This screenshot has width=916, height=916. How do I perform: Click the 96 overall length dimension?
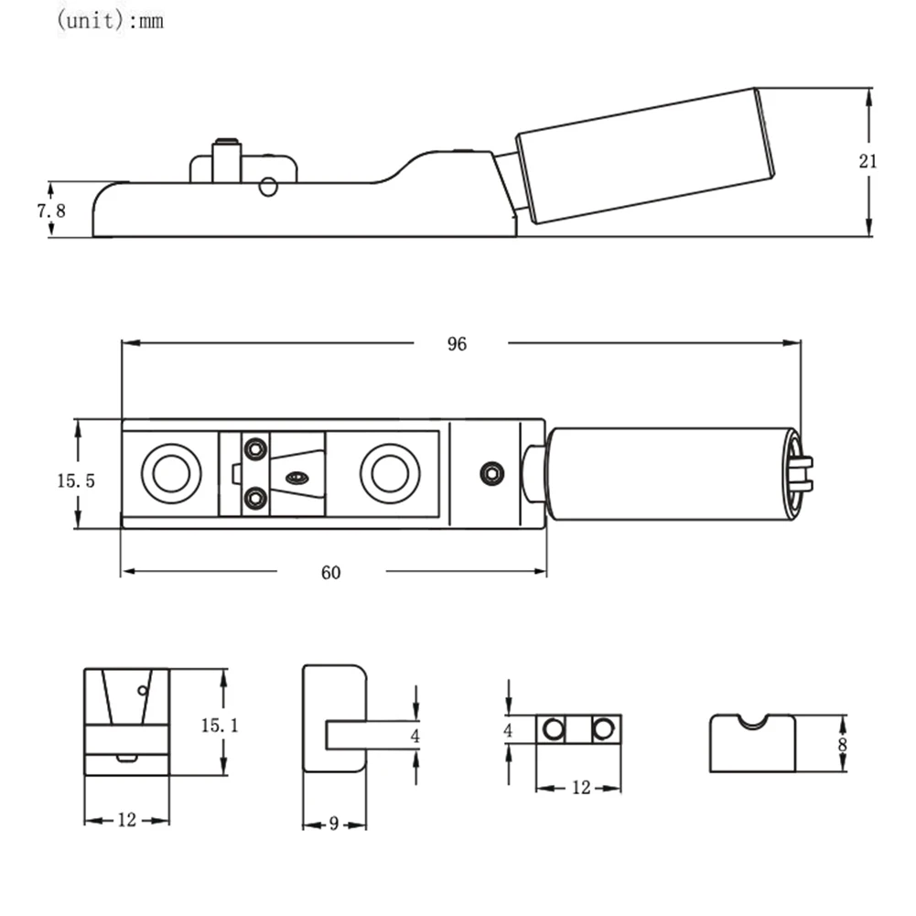[x=457, y=344]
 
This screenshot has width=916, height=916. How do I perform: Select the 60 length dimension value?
[x=330, y=573]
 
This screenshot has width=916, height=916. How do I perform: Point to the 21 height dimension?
[x=868, y=162]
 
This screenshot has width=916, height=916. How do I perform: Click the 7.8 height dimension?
[x=51, y=210]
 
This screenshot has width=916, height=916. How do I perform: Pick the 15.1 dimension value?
[x=220, y=726]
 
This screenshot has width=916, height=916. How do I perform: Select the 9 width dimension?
[x=334, y=824]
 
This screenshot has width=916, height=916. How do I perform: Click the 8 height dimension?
[x=842, y=743]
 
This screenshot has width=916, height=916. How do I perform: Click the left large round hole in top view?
[x=171, y=473]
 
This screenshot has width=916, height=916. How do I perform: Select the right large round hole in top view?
[x=390, y=473]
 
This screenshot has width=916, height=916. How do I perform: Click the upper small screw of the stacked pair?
[x=256, y=449]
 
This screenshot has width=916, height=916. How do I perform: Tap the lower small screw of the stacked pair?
[x=256, y=499]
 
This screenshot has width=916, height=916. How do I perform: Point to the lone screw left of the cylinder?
[x=492, y=473]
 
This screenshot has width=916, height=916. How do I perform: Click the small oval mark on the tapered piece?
[x=296, y=477]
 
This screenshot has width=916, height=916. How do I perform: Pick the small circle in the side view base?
[x=267, y=187]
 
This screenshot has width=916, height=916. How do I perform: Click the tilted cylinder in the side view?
[x=644, y=156]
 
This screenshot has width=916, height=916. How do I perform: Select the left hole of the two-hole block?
[x=553, y=729]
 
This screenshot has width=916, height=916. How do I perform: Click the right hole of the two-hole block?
[x=602, y=729]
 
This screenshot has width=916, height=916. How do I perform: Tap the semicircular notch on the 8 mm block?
[x=752, y=721]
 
